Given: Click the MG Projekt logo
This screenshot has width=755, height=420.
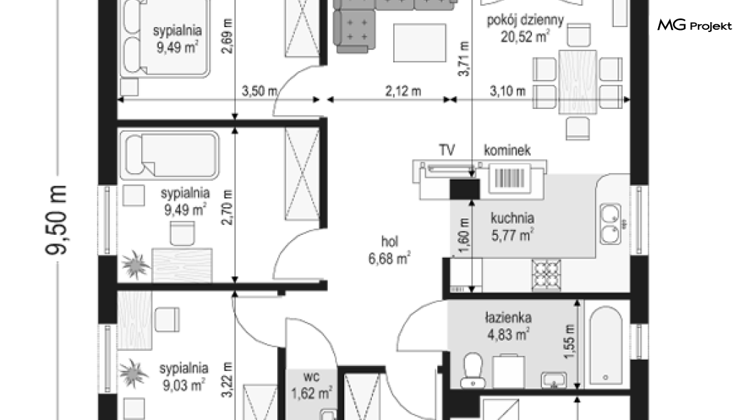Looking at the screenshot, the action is pos(694,25).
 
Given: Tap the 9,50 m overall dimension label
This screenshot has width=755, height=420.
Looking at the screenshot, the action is pos(56,219).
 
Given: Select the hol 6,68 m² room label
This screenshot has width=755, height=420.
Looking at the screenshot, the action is pos(389,250).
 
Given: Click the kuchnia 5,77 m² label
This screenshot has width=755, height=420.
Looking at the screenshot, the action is pos(512,226).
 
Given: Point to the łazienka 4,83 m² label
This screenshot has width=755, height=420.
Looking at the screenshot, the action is pos(509,326).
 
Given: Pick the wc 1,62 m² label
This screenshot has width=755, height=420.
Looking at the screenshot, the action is pos(311,385).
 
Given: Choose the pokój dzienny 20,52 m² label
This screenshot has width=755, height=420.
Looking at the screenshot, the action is pos(525,28).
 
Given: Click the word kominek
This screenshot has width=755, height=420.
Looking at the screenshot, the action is pos(508,150).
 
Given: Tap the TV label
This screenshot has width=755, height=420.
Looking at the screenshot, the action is pos(447,150).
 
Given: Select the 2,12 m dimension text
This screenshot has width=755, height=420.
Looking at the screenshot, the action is pos(403,91).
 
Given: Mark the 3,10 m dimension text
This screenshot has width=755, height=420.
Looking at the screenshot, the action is pos(508,91).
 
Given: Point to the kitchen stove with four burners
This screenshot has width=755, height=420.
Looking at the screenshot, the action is pos(546,275).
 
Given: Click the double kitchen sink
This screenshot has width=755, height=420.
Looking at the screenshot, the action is pos(610,224).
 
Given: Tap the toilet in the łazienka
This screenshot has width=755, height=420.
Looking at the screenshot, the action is pos(472,370).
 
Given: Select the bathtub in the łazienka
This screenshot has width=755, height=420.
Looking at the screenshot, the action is pos(606,345).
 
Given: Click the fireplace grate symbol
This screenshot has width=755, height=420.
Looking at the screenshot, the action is pos(509,179).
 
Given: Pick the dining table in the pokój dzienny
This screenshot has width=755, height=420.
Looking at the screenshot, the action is pos(578,82).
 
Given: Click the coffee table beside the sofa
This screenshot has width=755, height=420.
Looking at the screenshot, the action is pos(420,43).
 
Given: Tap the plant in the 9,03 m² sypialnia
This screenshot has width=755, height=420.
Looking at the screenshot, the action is pos(133,373).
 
